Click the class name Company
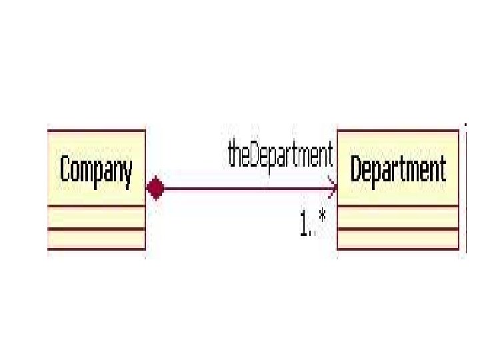click(96, 169)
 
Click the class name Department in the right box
click(398, 169)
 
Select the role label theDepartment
click(280, 156)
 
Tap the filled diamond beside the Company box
click(155, 189)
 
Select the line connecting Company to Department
click(247, 189)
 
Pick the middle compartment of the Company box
click(96, 217)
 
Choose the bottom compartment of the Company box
click(96, 239)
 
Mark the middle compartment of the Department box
click(398, 217)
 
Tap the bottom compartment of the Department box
click(398, 239)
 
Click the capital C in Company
click(65, 169)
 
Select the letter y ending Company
click(127, 173)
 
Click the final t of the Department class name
click(442, 169)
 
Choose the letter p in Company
click(97, 173)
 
